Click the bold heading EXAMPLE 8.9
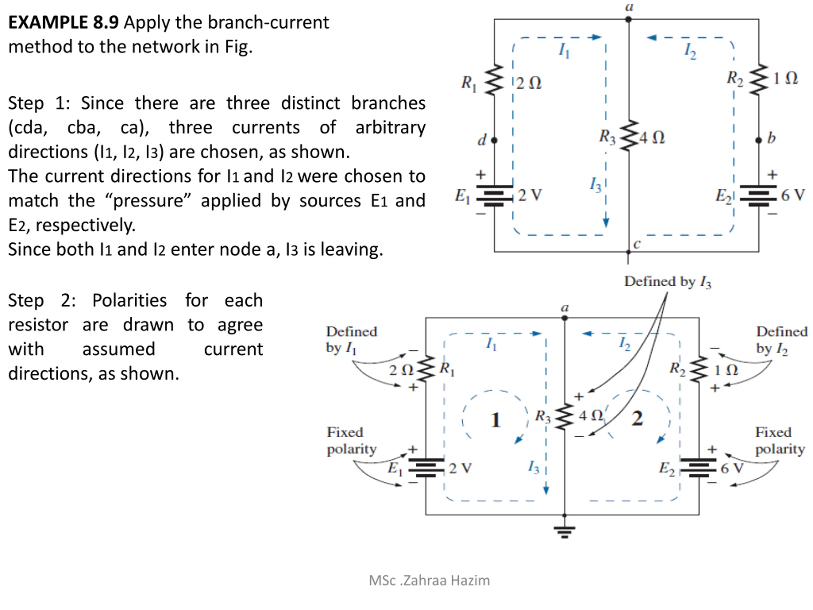click(63, 23)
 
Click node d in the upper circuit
click(494, 140)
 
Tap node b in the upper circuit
click(759, 140)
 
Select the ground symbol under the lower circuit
click(565, 532)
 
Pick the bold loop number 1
click(495, 420)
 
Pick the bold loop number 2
click(637, 418)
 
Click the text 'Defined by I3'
click(668, 282)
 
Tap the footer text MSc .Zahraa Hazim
click(429, 580)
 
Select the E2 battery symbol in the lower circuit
click(698, 468)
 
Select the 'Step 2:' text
click(42, 301)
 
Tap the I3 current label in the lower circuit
click(534, 467)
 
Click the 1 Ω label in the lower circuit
click(726, 370)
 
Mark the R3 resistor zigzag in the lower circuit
click(565, 416)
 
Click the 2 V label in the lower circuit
click(460, 468)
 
